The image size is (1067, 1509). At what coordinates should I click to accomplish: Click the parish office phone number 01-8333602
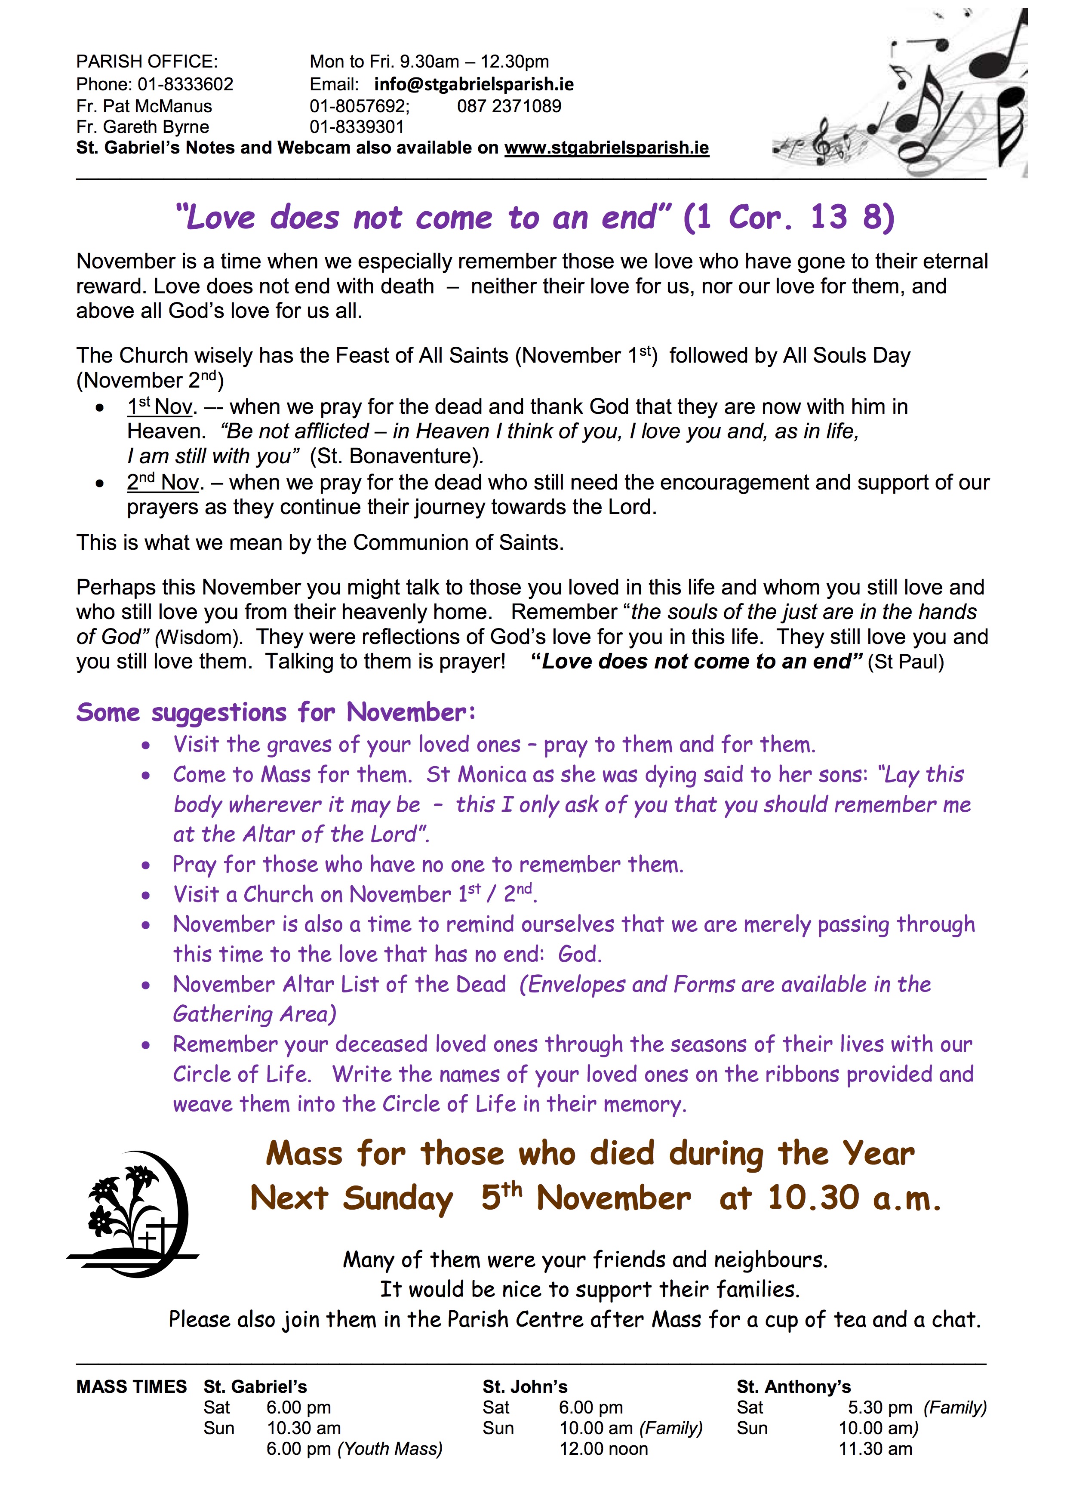click(x=185, y=84)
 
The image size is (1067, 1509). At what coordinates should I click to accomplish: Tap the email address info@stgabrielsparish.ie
click(x=474, y=84)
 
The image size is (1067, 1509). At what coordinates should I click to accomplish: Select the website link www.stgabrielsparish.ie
click(x=606, y=148)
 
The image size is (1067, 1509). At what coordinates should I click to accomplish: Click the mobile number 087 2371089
click(x=509, y=106)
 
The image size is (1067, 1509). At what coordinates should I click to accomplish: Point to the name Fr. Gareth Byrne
click(x=143, y=127)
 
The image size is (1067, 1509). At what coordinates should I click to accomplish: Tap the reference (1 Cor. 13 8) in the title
click(x=788, y=218)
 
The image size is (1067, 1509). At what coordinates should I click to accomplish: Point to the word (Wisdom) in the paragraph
click(x=199, y=637)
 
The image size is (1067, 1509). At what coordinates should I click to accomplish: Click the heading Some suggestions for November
click(x=276, y=712)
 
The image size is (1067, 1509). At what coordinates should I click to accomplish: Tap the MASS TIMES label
click(x=132, y=1387)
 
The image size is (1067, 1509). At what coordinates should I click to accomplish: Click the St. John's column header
click(x=525, y=1387)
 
